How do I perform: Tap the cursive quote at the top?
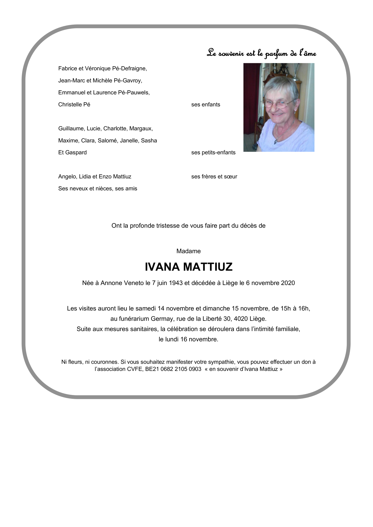click(x=261, y=53)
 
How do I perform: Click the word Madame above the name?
click(x=188, y=251)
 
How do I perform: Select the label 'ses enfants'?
click(x=205, y=105)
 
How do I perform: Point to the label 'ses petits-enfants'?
click(x=213, y=153)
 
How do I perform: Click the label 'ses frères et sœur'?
click(x=214, y=177)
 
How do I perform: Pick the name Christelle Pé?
click(x=74, y=105)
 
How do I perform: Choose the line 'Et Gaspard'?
click(x=73, y=153)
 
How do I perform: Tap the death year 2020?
click(x=288, y=283)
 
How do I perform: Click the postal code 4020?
click(x=240, y=319)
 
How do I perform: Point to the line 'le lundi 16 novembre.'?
click(x=188, y=339)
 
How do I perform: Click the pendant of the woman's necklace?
click(x=276, y=141)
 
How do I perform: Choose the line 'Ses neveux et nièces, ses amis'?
click(x=98, y=188)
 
